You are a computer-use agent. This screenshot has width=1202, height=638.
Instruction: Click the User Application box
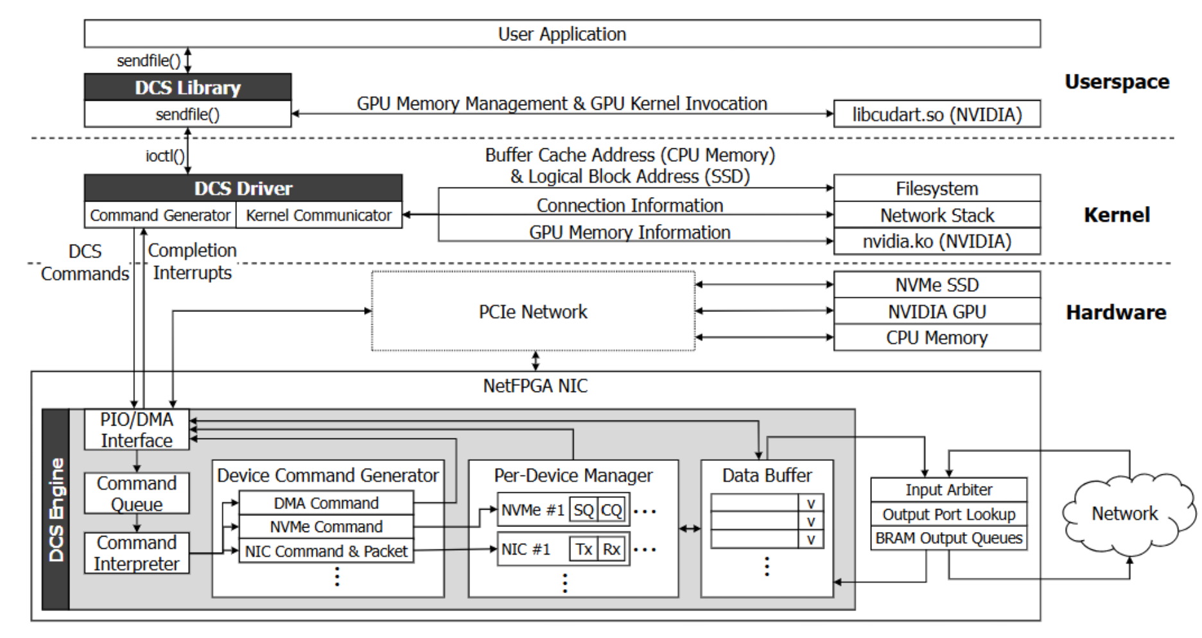[x=562, y=33]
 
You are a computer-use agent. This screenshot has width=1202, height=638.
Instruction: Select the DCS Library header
[x=187, y=87]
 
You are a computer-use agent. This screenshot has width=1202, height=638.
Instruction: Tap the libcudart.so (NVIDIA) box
[x=937, y=114]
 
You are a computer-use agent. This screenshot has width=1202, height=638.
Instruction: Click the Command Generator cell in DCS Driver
[x=160, y=215]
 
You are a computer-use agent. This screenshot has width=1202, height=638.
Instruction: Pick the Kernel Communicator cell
[x=319, y=215]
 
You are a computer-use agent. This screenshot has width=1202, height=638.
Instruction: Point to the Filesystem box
[x=937, y=188]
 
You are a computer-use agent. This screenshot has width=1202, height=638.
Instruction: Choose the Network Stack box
[x=937, y=215]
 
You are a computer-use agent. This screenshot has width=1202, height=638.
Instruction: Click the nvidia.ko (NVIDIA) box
[x=937, y=241]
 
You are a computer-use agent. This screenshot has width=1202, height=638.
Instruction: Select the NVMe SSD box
[x=937, y=284]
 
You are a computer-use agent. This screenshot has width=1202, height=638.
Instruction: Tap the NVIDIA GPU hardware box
[x=937, y=311]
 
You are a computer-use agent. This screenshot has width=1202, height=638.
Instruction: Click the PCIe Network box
[x=533, y=311]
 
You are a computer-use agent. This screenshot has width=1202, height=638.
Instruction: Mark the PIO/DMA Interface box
[x=137, y=429]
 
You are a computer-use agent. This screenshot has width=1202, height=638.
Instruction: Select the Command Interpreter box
[x=137, y=553]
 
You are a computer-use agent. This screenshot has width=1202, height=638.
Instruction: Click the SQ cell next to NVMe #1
[x=584, y=510]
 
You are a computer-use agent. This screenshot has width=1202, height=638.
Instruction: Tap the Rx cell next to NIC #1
[x=611, y=549]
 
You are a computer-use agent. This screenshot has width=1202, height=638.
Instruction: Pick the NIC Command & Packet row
[x=326, y=551]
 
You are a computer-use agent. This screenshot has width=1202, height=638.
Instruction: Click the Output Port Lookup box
[x=949, y=514]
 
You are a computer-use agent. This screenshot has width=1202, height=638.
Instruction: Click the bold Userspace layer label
[x=1117, y=82]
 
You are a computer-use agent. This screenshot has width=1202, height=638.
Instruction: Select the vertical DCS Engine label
[x=57, y=510]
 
